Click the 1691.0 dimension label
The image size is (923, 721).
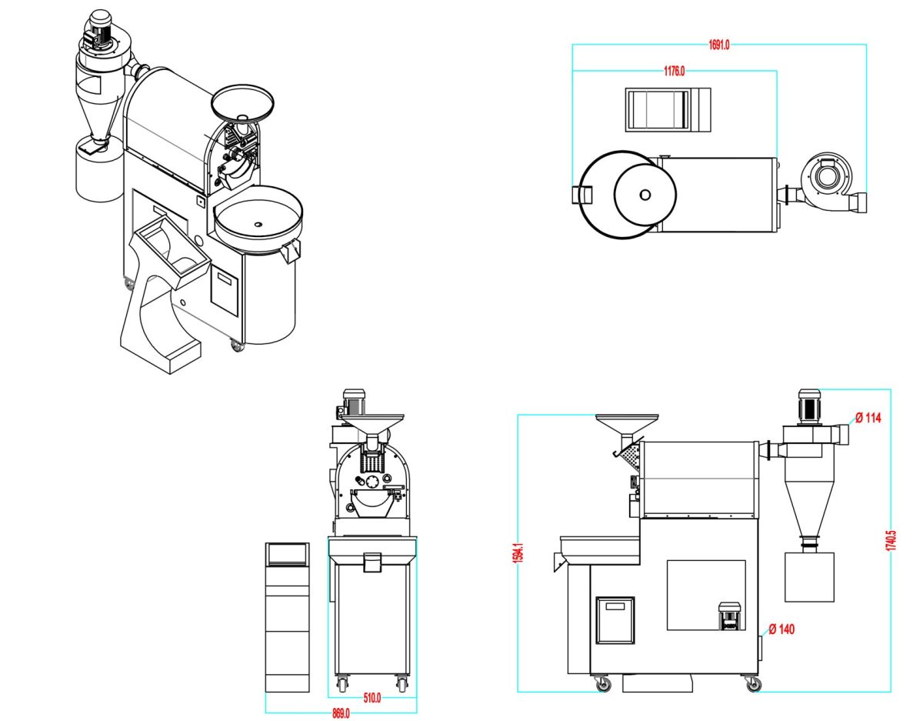[x=719, y=45]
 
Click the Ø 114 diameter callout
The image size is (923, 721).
[x=868, y=419]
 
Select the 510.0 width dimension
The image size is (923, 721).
[x=372, y=699]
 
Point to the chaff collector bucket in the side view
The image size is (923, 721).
[x=809, y=576]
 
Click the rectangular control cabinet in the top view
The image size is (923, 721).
[x=666, y=108]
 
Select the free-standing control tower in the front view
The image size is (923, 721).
[x=287, y=616]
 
